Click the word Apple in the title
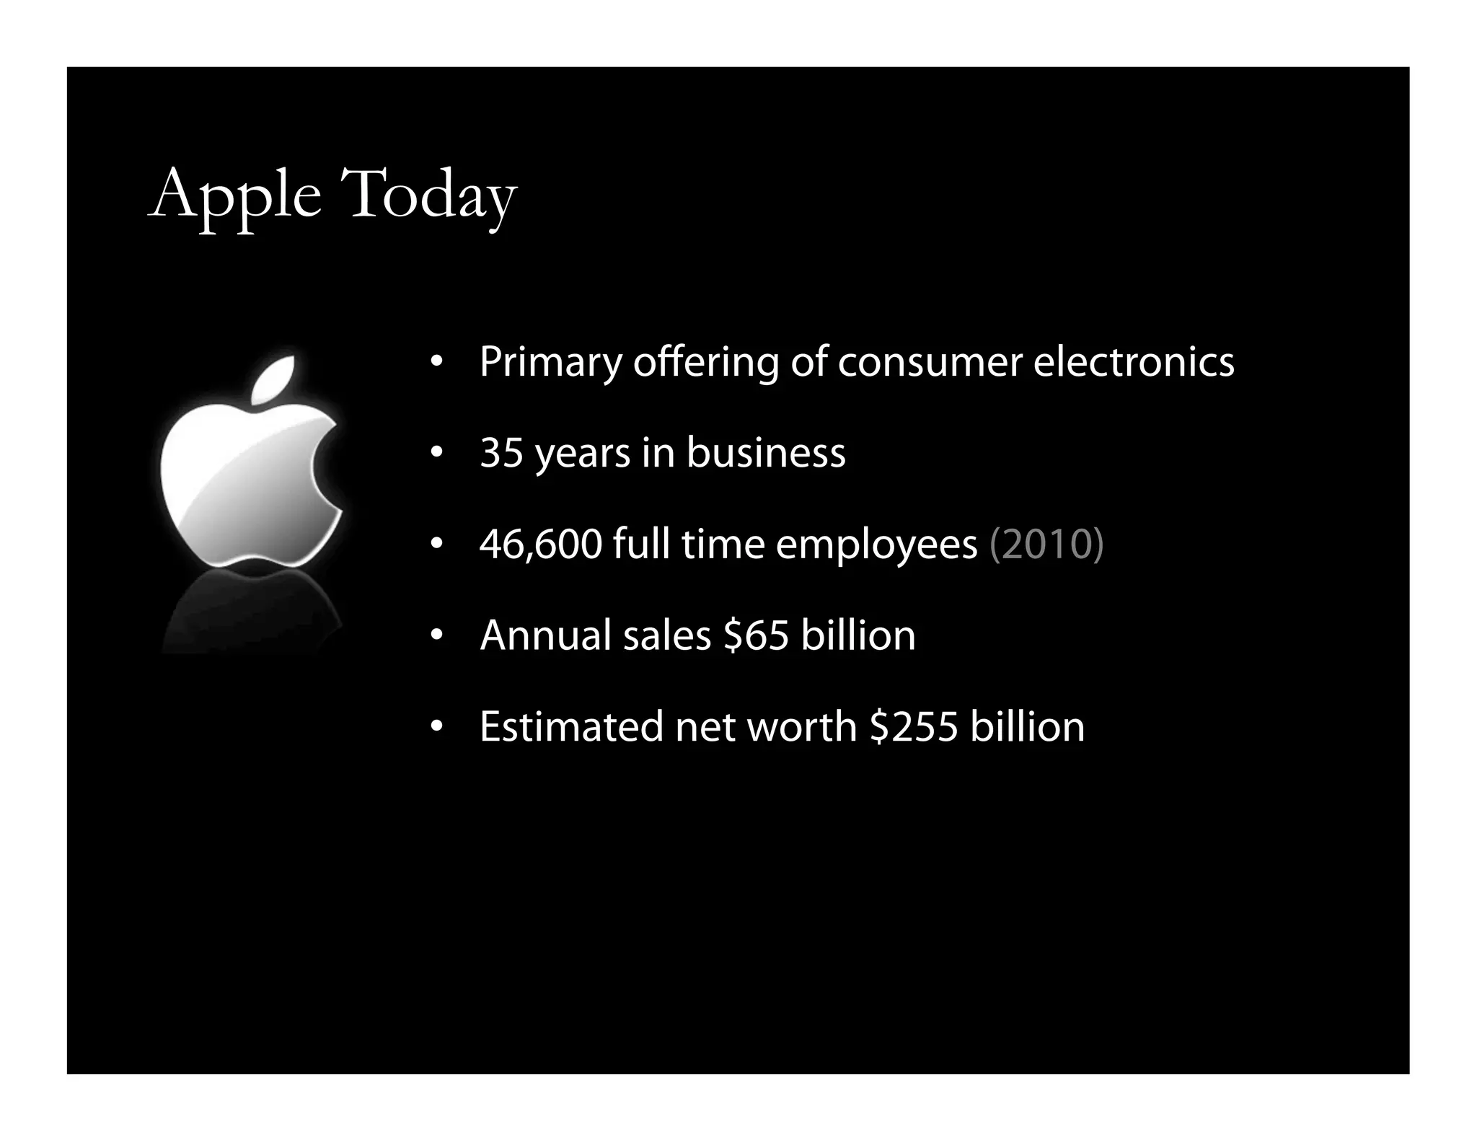pos(234,195)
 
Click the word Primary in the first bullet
pos(550,362)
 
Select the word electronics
pos(1134,362)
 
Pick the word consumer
pos(930,362)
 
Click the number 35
pos(501,453)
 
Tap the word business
pos(765,453)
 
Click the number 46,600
pos(540,545)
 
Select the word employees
pos(876,545)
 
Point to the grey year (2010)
pos(1046,545)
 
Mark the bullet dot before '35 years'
pos(436,454)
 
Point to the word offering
pos(705,362)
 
